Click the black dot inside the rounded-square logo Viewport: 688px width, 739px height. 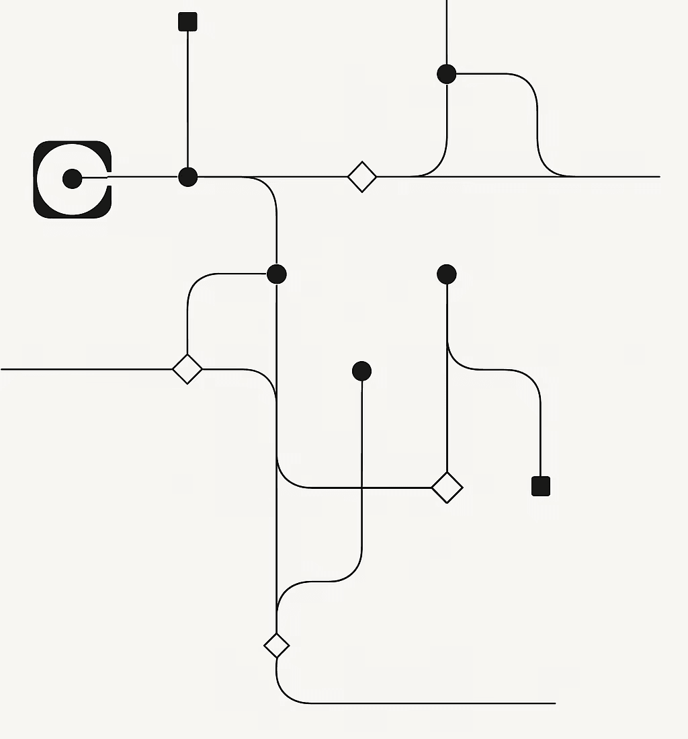[x=72, y=178]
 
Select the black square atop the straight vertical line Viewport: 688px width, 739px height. [x=187, y=22]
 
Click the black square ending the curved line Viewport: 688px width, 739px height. [x=541, y=485]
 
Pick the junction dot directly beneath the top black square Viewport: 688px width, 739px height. [x=187, y=177]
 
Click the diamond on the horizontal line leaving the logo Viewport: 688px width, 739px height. [x=362, y=177]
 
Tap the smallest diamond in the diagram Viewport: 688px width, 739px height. [x=276, y=646]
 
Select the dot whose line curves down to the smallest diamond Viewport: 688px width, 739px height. [x=361, y=371]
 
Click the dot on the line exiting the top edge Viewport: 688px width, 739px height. [x=447, y=74]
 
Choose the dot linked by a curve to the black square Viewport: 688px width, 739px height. [x=447, y=274]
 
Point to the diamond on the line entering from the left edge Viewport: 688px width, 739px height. [x=187, y=368]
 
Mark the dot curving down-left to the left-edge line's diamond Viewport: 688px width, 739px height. [x=276, y=274]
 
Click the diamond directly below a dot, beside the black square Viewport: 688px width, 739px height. [x=447, y=488]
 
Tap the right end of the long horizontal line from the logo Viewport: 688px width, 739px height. [x=658, y=177]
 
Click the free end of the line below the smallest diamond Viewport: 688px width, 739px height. [x=554, y=703]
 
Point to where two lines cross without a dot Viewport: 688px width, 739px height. [x=362, y=488]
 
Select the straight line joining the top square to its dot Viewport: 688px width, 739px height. [x=187, y=101]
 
